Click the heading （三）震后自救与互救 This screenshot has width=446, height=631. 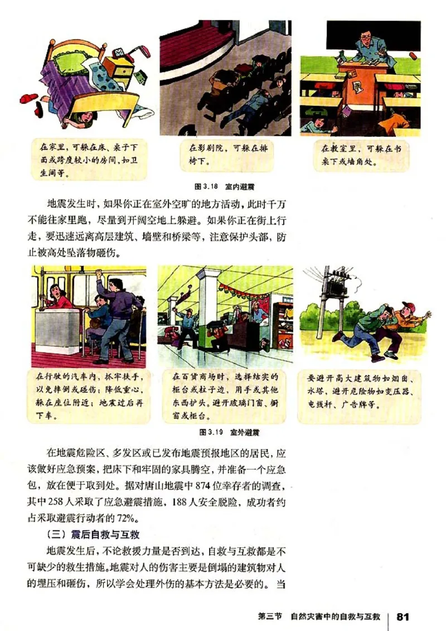(x=88, y=533)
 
